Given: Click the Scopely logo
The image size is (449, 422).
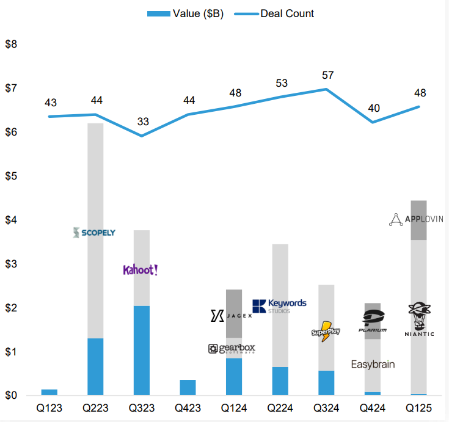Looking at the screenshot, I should click(x=93, y=233).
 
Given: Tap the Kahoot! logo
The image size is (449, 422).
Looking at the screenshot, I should click(x=141, y=270).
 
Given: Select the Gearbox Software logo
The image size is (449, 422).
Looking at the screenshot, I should click(x=232, y=349).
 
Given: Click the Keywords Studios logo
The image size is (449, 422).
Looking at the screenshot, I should click(x=279, y=305).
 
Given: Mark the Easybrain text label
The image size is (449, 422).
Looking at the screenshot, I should click(x=373, y=365).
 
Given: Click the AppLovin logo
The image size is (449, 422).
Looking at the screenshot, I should click(x=416, y=219).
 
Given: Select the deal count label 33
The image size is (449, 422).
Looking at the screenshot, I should click(x=142, y=122).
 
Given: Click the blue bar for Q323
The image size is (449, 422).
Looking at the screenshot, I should click(x=142, y=351).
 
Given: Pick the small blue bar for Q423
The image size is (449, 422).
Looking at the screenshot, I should click(x=188, y=388).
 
